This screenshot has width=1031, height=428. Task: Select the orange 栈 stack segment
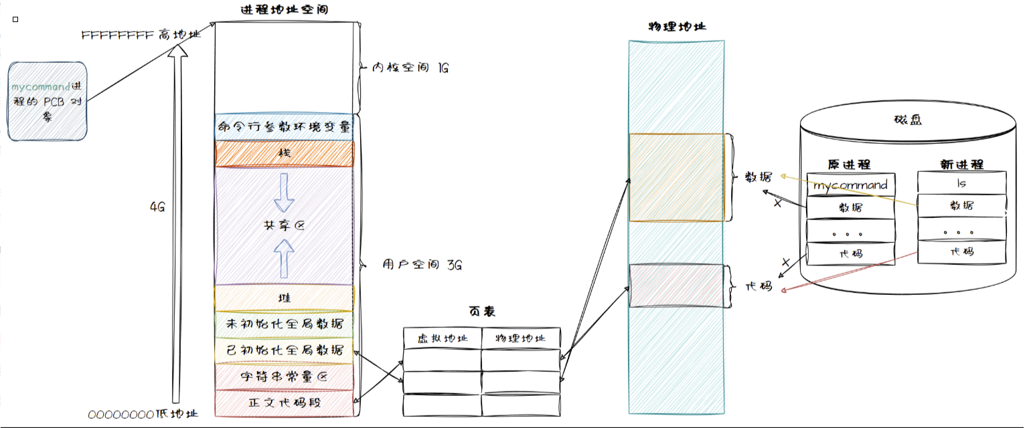[x=284, y=153]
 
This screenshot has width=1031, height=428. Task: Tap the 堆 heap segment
[x=284, y=298]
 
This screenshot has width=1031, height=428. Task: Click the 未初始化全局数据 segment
[x=284, y=324]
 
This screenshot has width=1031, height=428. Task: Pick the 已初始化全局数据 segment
[x=284, y=350]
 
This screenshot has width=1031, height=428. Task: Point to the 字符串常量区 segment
[x=284, y=377]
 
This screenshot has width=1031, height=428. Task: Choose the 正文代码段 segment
[x=284, y=403]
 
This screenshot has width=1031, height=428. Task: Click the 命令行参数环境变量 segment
[x=284, y=126]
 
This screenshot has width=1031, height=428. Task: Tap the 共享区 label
[x=284, y=226]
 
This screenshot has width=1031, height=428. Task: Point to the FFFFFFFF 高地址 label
[x=141, y=35]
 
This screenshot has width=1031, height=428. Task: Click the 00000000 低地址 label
[x=143, y=415]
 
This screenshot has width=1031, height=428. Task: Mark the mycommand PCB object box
[x=48, y=101]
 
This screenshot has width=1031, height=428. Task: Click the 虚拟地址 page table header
[x=442, y=338]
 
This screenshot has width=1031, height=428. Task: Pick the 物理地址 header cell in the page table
[x=520, y=338]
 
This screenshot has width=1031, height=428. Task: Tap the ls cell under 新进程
[x=961, y=182]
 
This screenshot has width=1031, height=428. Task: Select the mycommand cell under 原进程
[x=850, y=185]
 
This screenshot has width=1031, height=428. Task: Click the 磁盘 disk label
[x=907, y=120]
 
